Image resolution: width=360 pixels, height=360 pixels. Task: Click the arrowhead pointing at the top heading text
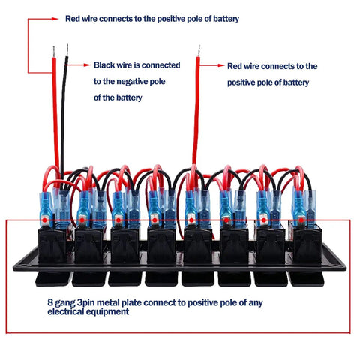[x=55, y=19]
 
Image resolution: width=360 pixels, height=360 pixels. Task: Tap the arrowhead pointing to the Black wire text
[x=87, y=65]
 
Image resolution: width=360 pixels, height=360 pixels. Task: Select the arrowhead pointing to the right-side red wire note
[x=221, y=65]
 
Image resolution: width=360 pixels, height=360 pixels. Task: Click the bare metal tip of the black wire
[x=67, y=50]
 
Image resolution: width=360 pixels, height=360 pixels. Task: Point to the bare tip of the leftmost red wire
[x=54, y=52]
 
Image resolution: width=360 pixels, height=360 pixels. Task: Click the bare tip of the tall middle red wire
[x=199, y=51]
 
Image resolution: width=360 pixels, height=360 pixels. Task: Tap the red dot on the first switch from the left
[x=44, y=220]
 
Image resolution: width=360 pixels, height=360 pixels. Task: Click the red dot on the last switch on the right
[x=301, y=220]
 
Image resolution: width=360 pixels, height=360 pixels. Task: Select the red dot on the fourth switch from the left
[x=154, y=220]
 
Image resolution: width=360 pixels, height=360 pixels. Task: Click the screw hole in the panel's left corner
[x=21, y=265]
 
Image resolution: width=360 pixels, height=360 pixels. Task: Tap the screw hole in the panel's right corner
[x=339, y=265]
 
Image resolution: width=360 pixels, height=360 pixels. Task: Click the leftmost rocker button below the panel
[x=52, y=278]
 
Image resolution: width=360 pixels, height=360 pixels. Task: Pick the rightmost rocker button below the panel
[x=306, y=278]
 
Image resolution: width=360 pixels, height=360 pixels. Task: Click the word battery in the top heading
[x=226, y=19]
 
